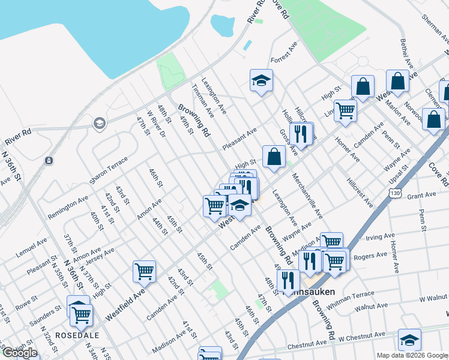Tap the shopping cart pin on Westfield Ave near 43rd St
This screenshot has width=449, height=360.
(x=145, y=271)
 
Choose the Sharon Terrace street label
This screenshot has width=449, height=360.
(x=109, y=173)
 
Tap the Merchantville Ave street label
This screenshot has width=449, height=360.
(x=307, y=196)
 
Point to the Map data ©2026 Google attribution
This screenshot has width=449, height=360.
(x=411, y=355)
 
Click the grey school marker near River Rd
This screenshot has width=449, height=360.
(x=98, y=124)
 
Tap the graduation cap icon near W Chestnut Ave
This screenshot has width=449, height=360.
(x=410, y=340)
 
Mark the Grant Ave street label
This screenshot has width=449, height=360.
(x=421, y=196)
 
